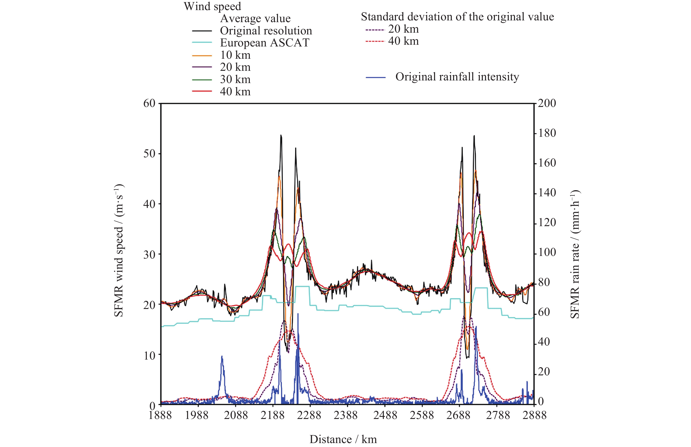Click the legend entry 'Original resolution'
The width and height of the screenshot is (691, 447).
click(x=266, y=31)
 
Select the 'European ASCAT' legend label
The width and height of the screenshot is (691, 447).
click(x=265, y=43)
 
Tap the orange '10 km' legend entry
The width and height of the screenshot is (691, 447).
click(x=235, y=55)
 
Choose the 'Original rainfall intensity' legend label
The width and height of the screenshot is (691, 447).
click(x=457, y=77)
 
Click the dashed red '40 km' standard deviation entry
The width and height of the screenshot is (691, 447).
click(x=403, y=41)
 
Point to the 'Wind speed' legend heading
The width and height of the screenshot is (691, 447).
click(x=212, y=6)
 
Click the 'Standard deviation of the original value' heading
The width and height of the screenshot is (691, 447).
click(x=457, y=17)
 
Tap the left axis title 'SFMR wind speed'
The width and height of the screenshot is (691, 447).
click(x=119, y=251)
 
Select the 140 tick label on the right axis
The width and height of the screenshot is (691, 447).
click(x=547, y=193)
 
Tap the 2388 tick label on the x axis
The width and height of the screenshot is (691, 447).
click(x=345, y=415)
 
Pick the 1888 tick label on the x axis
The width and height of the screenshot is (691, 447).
click(x=160, y=415)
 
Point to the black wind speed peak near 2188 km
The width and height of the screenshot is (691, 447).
click(x=281, y=135)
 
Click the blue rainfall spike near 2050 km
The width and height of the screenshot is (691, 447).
click(x=222, y=357)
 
